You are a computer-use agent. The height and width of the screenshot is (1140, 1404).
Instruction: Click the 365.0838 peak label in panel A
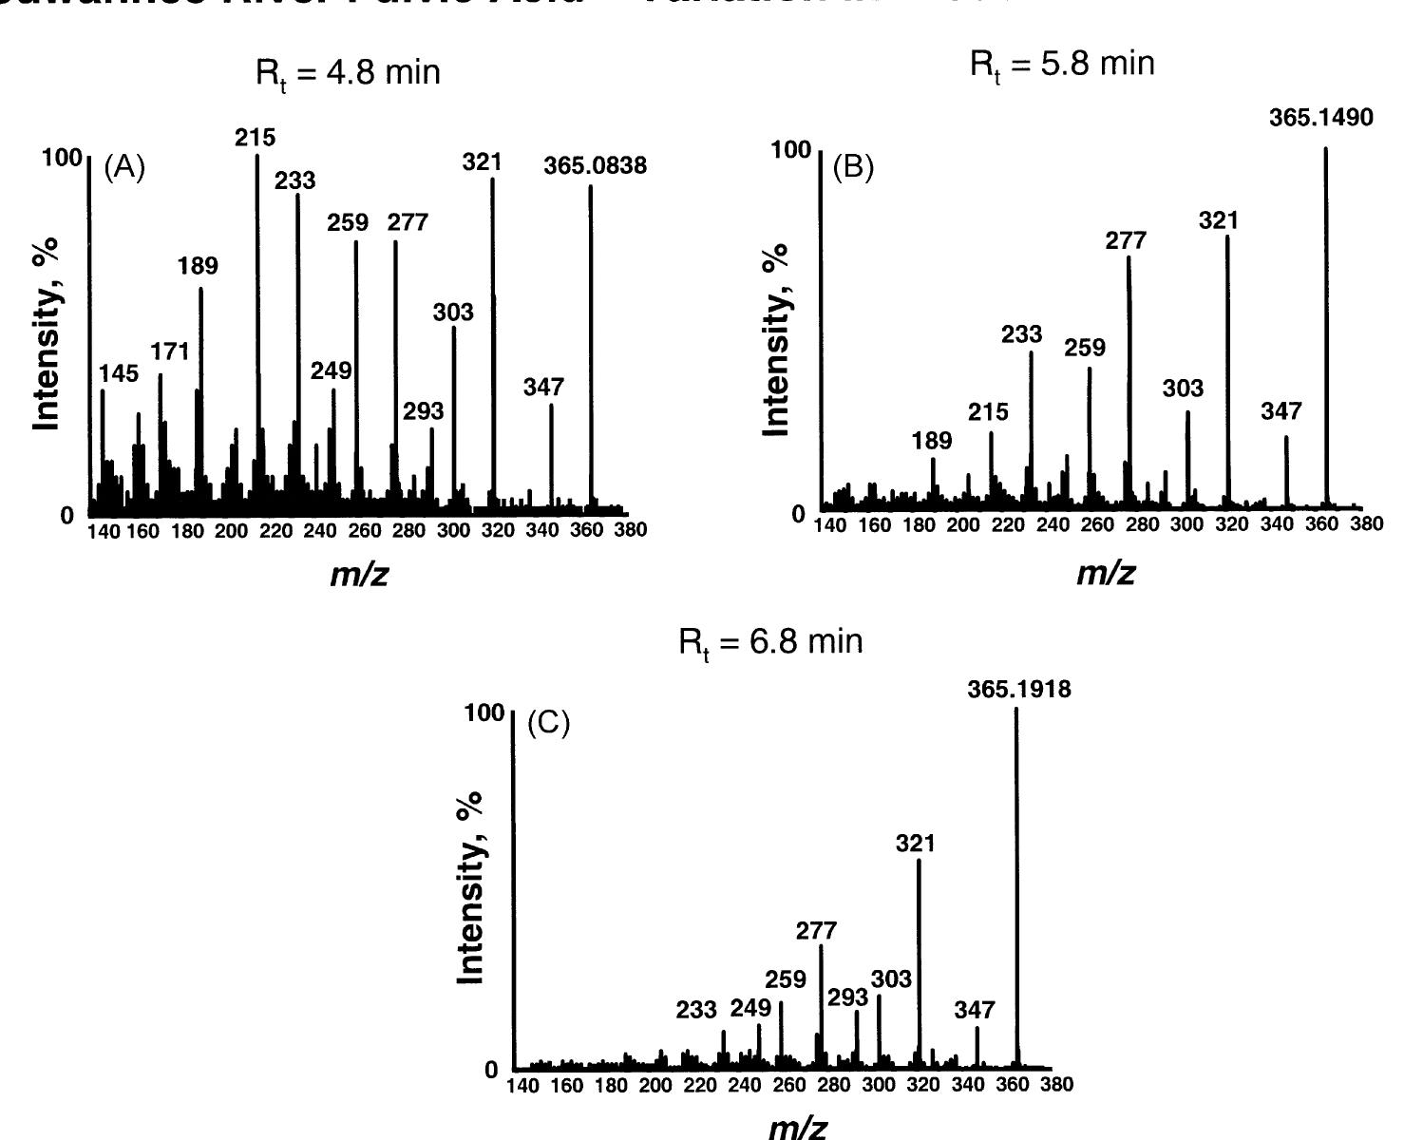[x=595, y=166]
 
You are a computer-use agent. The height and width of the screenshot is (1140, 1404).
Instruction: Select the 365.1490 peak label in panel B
[x=1320, y=119]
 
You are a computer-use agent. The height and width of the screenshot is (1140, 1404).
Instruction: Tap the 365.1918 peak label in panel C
[x=1018, y=690]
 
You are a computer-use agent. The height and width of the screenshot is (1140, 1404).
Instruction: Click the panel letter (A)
[x=124, y=168]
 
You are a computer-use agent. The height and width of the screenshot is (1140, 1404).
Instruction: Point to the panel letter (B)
[x=853, y=167]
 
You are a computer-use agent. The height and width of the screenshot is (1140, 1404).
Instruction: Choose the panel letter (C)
[x=548, y=724]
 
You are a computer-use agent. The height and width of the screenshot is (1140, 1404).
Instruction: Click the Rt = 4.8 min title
[x=348, y=74]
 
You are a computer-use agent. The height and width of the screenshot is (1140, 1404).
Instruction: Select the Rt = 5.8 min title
[x=1062, y=65]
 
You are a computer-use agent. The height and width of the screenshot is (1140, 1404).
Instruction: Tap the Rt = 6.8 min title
[x=770, y=642]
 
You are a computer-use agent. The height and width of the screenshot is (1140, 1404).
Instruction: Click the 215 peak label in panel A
[x=256, y=138]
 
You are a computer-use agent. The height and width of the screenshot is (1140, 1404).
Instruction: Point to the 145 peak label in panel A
[x=119, y=374]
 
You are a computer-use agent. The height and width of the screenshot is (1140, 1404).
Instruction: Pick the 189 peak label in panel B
[x=931, y=441]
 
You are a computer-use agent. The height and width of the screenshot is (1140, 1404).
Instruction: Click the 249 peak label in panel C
[x=749, y=1008]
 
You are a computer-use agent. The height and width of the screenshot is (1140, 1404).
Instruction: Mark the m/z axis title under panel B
[x=1105, y=573]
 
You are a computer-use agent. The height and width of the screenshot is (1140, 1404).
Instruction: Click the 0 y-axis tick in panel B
[x=798, y=514]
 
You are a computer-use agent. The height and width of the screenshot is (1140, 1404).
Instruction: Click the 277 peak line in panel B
[x=1129, y=380]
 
